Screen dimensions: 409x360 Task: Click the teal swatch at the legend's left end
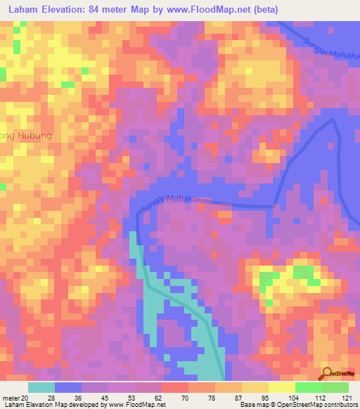(41, 387)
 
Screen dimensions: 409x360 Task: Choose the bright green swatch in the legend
(308, 387)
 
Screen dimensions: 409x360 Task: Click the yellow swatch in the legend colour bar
(255, 387)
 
